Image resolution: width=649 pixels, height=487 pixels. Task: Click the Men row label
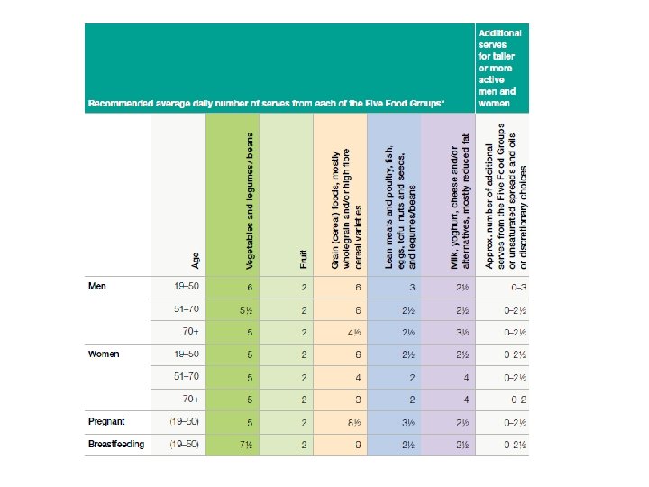(x=96, y=287)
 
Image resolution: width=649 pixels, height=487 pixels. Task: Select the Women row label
(x=104, y=354)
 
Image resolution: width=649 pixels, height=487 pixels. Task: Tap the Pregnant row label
(x=106, y=421)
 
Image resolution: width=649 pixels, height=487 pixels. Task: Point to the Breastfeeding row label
(x=115, y=444)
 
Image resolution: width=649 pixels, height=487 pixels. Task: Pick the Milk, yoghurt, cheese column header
(x=459, y=203)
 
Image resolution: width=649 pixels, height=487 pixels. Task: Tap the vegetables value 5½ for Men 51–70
(x=244, y=310)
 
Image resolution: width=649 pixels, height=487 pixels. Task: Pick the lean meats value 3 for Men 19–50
(x=411, y=288)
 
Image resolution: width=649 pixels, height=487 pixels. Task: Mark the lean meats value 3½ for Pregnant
(x=408, y=421)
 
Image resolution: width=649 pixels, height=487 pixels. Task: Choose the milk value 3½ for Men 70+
(x=463, y=332)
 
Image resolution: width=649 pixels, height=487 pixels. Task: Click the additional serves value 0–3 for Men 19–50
(x=516, y=288)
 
